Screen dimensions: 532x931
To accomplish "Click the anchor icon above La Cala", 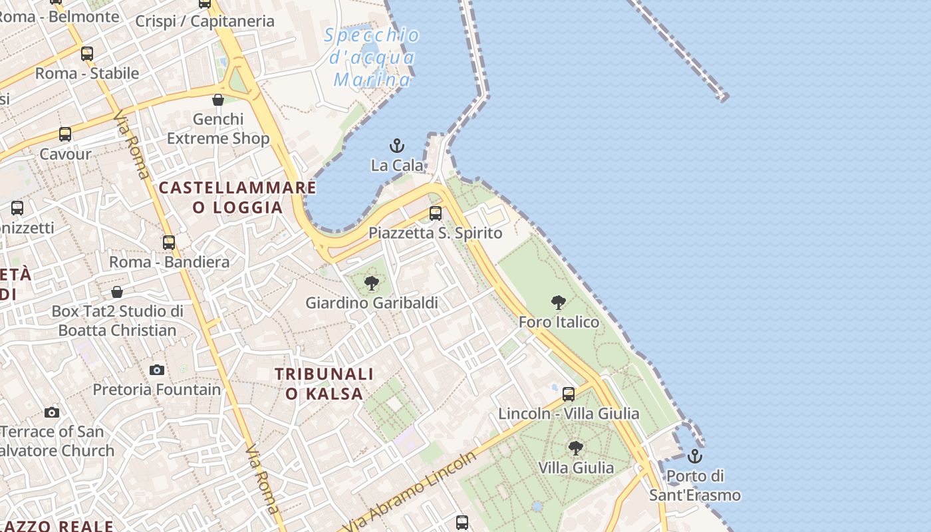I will click(x=397, y=146).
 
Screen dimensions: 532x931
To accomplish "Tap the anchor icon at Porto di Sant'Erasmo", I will click(x=695, y=456).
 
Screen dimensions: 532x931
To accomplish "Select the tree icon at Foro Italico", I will click(x=559, y=303).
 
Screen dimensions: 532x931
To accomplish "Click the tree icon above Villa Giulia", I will click(x=576, y=448).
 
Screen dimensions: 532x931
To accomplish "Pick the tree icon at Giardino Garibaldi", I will click(x=372, y=284).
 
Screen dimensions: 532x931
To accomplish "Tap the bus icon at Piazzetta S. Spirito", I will click(x=436, y=213).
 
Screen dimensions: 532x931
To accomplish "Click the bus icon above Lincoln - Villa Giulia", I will click(x=569, y=394).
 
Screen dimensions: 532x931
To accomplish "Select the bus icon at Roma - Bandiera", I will click(x=169, y=242).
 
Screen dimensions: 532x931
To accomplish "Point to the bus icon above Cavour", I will click(x=65, y=134).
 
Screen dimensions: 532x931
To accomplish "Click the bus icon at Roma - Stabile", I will click(x=87, y=54).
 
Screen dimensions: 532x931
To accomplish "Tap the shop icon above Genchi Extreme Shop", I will click(x=218, y=100).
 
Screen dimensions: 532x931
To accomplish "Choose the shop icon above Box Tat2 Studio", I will click(x=117, y=291).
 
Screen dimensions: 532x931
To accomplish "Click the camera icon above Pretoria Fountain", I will click(x=157, y=370).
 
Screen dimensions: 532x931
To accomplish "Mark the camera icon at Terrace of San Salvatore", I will click(x=52, y=412).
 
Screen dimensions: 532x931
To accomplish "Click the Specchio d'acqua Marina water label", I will click(x=372, y=57).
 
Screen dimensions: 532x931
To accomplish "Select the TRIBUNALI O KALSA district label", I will click(x=325, y=384).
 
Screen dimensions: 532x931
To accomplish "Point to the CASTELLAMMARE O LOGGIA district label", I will click(x=237, y=197).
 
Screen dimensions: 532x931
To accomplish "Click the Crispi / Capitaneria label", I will click(x=205, y=21).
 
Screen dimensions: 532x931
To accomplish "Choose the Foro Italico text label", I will click(x=559, y=323).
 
